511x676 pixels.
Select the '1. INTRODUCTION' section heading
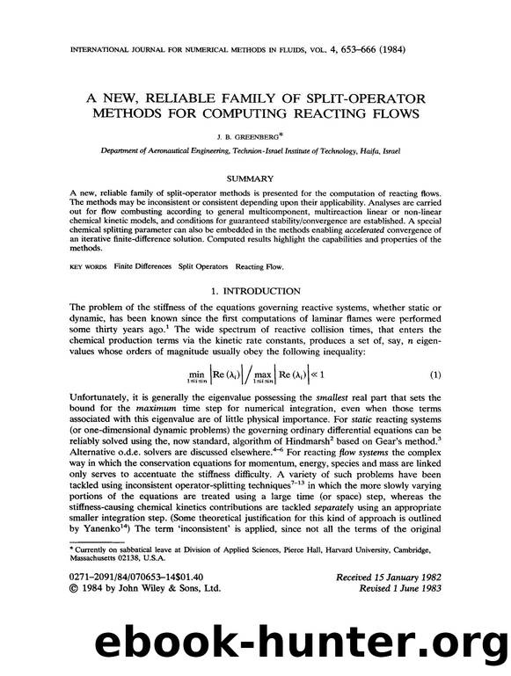(x=256, y=290)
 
